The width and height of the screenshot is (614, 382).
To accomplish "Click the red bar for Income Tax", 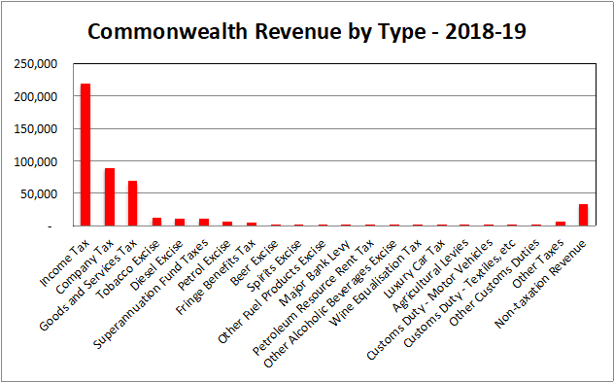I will point(85,156).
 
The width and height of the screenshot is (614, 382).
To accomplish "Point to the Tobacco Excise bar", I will point(156,222).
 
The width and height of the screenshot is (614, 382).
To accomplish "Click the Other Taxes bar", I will point(560,224).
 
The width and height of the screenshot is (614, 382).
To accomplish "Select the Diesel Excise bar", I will point(180,222).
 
